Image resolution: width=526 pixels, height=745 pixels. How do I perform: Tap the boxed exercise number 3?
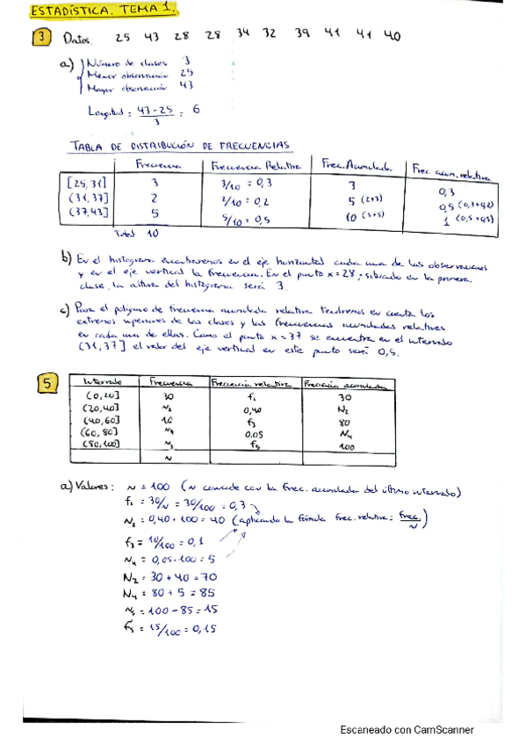(41, 38)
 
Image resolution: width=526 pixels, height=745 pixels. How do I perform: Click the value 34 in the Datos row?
(243, 34)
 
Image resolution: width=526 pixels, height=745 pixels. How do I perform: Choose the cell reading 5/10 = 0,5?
(240, 221)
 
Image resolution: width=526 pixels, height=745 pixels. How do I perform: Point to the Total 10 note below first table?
(138, 235)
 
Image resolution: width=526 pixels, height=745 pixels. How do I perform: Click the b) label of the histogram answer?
(65, 259)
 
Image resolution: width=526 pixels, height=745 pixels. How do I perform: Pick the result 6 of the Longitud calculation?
(195, 110)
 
